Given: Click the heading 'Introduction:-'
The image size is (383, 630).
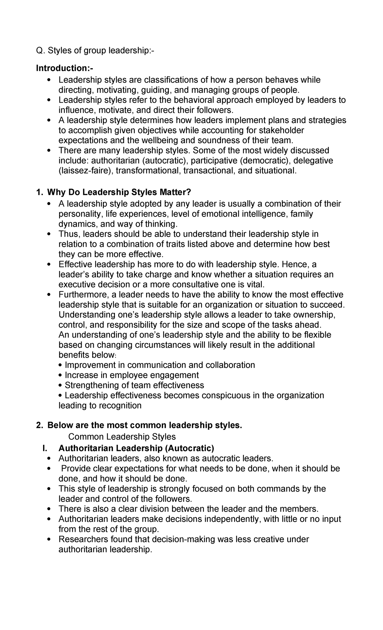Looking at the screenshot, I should [x=65, y=68].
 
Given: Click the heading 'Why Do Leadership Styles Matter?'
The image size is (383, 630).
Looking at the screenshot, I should [x=119, y=192].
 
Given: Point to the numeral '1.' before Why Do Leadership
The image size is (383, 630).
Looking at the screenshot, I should [x=40, y=192].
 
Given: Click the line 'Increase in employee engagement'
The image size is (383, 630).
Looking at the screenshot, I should [x=131, y=375].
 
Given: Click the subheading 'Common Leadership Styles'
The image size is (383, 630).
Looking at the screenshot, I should [x=122, y=436].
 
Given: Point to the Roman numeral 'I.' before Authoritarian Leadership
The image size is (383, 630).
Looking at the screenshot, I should [x=44, y=448].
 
